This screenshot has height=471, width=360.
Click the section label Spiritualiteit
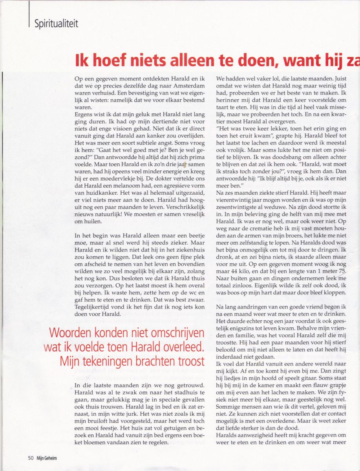56,23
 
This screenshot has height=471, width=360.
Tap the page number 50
30,457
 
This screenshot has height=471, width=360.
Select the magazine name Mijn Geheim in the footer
47,457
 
